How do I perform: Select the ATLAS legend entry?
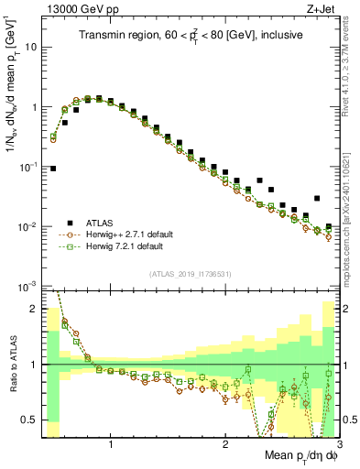coord(103,223)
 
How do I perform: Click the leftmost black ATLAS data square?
coord(53,169)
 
